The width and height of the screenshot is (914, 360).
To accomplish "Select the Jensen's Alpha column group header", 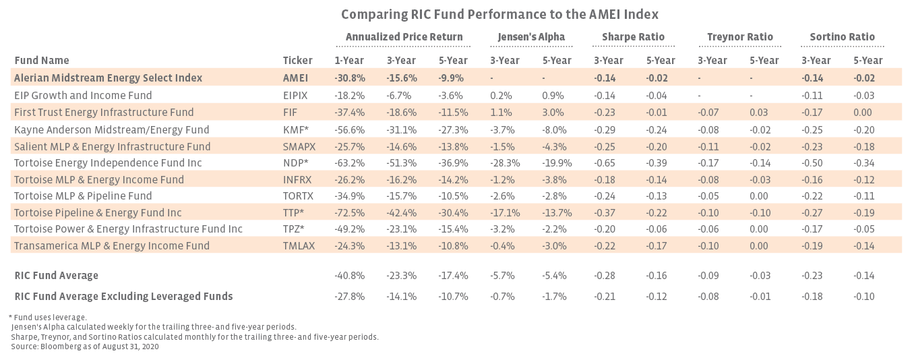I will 531,37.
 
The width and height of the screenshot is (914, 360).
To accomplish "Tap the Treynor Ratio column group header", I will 740,37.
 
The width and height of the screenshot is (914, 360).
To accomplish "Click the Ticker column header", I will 297,61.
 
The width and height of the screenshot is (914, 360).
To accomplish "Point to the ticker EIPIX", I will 297,96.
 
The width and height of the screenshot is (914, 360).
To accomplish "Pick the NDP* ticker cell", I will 296,162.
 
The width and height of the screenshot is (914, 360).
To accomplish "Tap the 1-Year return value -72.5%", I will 349,212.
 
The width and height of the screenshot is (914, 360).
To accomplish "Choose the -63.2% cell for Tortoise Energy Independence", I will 349,162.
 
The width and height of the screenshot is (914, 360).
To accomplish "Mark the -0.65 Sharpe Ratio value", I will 608,162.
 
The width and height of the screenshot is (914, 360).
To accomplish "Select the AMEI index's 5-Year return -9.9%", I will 453,78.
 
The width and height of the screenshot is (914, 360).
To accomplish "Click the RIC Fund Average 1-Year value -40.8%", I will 349,275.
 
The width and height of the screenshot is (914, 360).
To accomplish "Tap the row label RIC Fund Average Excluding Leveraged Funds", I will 123,296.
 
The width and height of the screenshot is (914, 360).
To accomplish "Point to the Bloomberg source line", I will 84,346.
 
